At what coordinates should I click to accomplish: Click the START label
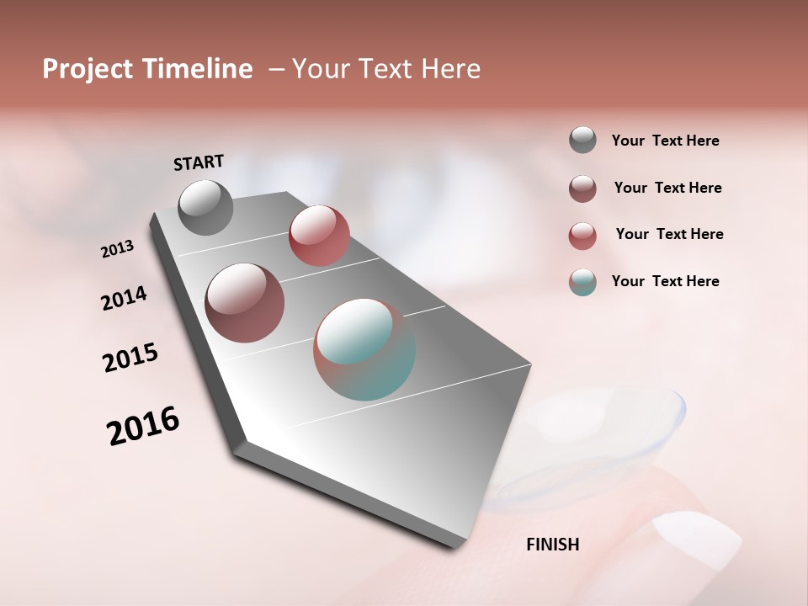199,162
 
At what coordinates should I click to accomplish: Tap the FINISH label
552,545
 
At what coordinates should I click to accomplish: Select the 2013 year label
118,249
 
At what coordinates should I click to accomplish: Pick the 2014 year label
124,298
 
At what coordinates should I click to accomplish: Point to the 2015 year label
130,358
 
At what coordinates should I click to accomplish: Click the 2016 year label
143,426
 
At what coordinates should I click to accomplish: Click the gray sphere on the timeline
206,207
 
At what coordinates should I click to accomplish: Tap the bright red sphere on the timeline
319,236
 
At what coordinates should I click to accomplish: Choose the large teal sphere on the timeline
364,349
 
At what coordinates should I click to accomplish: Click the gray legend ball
582,140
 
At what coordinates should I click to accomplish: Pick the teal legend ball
582,282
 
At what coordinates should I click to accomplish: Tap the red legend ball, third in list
582,236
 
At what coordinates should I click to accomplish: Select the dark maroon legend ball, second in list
582,189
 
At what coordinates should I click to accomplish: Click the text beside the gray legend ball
665,141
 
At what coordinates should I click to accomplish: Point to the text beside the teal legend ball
665,281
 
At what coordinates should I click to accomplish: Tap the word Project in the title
88,69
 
